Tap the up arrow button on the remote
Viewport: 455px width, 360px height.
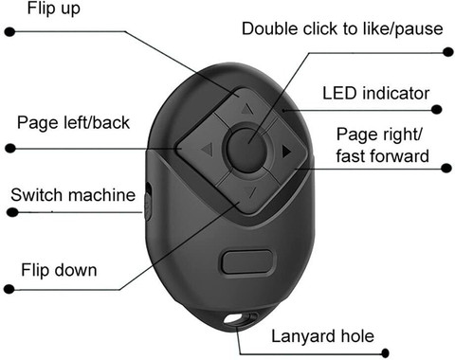(244, 106)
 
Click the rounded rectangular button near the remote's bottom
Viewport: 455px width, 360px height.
(247, 261)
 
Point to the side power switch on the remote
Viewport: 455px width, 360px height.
(148, 201)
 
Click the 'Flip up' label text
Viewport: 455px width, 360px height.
(53, 9)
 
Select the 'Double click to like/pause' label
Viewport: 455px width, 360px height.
(342, 29)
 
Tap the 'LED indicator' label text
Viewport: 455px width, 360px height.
(375, 94)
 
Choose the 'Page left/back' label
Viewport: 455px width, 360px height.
(73, 122)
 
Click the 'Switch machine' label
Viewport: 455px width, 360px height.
(73, 195)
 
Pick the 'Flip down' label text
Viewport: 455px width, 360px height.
(59, 270)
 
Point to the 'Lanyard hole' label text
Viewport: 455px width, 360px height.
(322, 336)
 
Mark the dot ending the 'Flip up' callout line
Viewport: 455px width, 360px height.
(10, 31)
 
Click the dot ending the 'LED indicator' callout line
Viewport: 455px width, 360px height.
(437, 109)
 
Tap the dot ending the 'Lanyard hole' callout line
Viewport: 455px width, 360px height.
(385, 353)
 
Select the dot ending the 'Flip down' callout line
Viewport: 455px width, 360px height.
(9, 289)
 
